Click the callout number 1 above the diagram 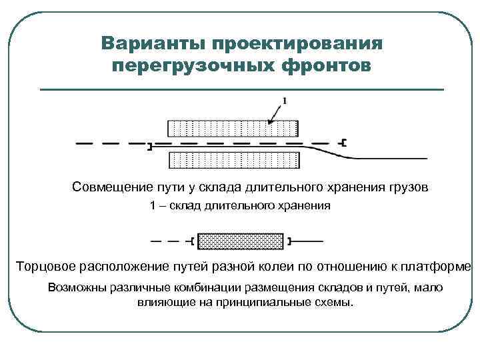[285, 101]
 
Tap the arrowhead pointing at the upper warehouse [270, 121]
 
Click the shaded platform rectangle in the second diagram [241, 240]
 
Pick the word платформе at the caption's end [437, 267]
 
